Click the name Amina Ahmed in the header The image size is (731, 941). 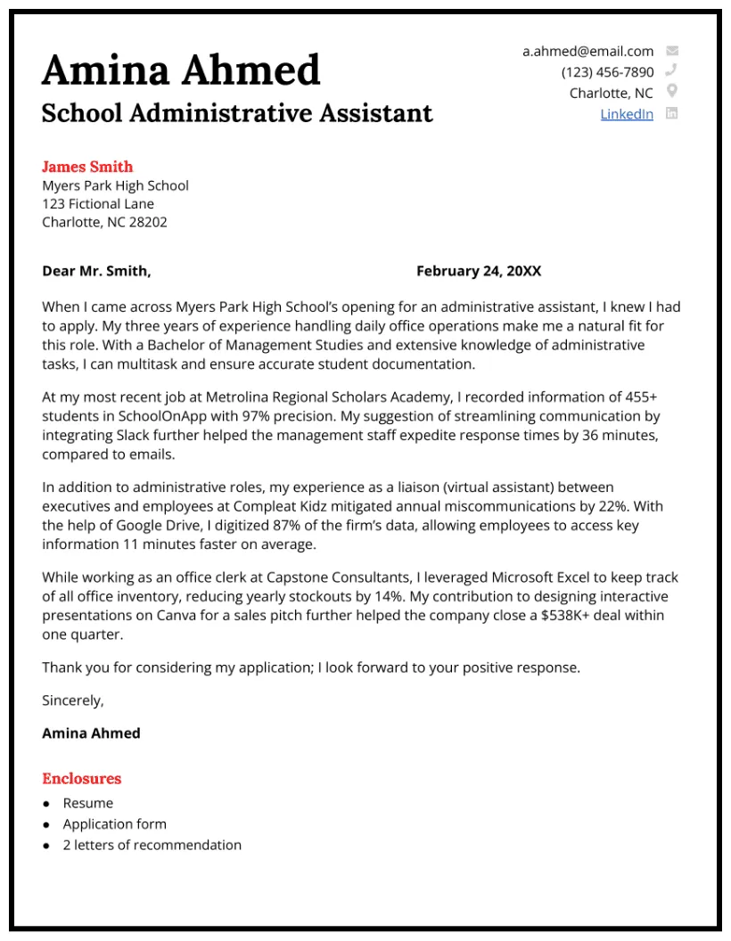click(x=181, y=70)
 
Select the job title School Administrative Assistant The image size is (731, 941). click(x=237, y=113)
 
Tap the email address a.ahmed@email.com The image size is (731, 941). click(x=587, y=52)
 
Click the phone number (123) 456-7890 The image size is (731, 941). click(x=607, y=72)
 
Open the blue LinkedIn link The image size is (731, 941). click(x=626, y=114)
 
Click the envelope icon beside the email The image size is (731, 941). click(x=672, y=52)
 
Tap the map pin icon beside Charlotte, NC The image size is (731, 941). click(x=672, y=92)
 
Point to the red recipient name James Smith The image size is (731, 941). click(x=87, y=167)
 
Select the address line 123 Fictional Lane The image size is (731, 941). click(x=98, y=204)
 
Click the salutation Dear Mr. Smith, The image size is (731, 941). click(x=96, y=271)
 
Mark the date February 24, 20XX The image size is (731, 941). click(x=479, y=271)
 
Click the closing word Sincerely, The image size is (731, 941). click(x=73, y=700)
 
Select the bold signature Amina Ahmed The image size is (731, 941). click(x=91, y=733)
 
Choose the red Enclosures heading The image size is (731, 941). click(x=81, y=779)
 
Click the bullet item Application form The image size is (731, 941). click(x=114, y=824)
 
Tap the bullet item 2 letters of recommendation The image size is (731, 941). click(x=152, y=845)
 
